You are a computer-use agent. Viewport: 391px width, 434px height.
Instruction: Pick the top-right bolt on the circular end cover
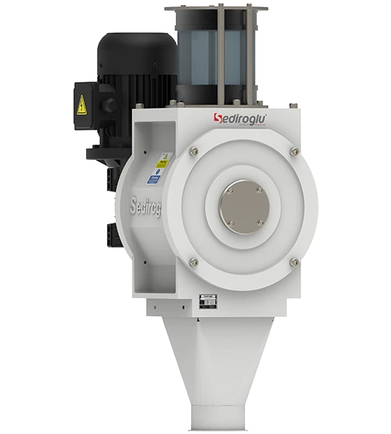click(294, 151)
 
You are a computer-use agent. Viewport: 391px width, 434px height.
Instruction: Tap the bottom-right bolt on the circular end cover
click(294, 262)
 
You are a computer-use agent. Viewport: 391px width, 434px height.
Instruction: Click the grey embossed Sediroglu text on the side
click(146, 206)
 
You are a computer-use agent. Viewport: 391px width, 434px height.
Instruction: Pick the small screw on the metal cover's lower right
click(261, 223)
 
